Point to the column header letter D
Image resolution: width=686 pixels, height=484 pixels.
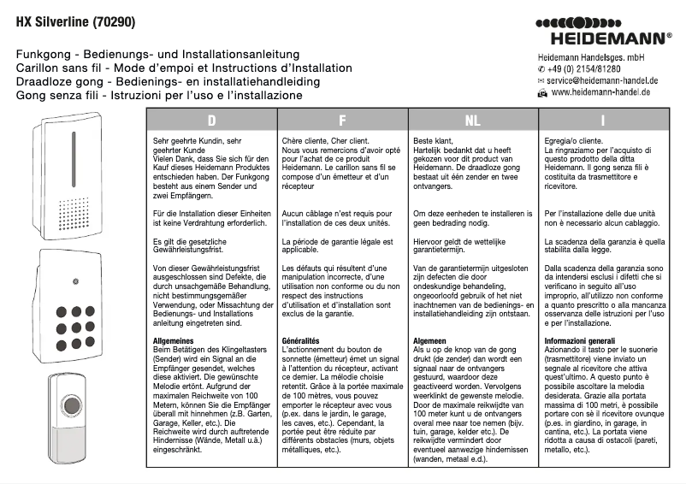click(211, 121)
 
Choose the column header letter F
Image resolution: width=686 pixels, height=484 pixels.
click(342, 121)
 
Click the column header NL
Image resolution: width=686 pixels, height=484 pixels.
click(472, 121)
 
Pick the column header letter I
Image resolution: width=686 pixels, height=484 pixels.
click(603, 121)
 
